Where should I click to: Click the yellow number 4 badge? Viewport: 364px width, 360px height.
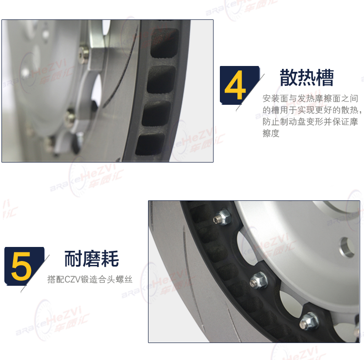tap(239, 85)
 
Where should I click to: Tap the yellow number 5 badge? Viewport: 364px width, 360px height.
tap(24, 266)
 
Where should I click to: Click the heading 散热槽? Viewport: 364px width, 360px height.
tap(307, 77)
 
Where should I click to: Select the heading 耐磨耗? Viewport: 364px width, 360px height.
tap(91, 259)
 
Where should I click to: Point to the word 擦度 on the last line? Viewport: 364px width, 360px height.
tap(271, 133)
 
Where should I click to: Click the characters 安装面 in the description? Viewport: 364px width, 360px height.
tap(275, 98)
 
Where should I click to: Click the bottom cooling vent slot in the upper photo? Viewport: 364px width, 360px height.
tap(150, 145)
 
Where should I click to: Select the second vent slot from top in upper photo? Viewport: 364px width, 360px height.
tap(161, 80)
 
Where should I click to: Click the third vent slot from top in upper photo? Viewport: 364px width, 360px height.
tap(156, 113)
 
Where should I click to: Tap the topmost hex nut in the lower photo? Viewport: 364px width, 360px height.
tap(222, 217)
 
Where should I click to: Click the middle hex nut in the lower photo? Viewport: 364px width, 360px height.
tap(259, 280)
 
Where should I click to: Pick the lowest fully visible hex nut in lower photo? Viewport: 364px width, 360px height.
tap(309, 321)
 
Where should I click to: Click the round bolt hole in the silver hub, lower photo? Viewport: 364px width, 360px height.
tap(347, 247)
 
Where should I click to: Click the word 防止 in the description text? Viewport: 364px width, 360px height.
tap(271, 122)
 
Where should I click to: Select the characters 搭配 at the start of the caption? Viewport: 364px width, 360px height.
tap(56, 279)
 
